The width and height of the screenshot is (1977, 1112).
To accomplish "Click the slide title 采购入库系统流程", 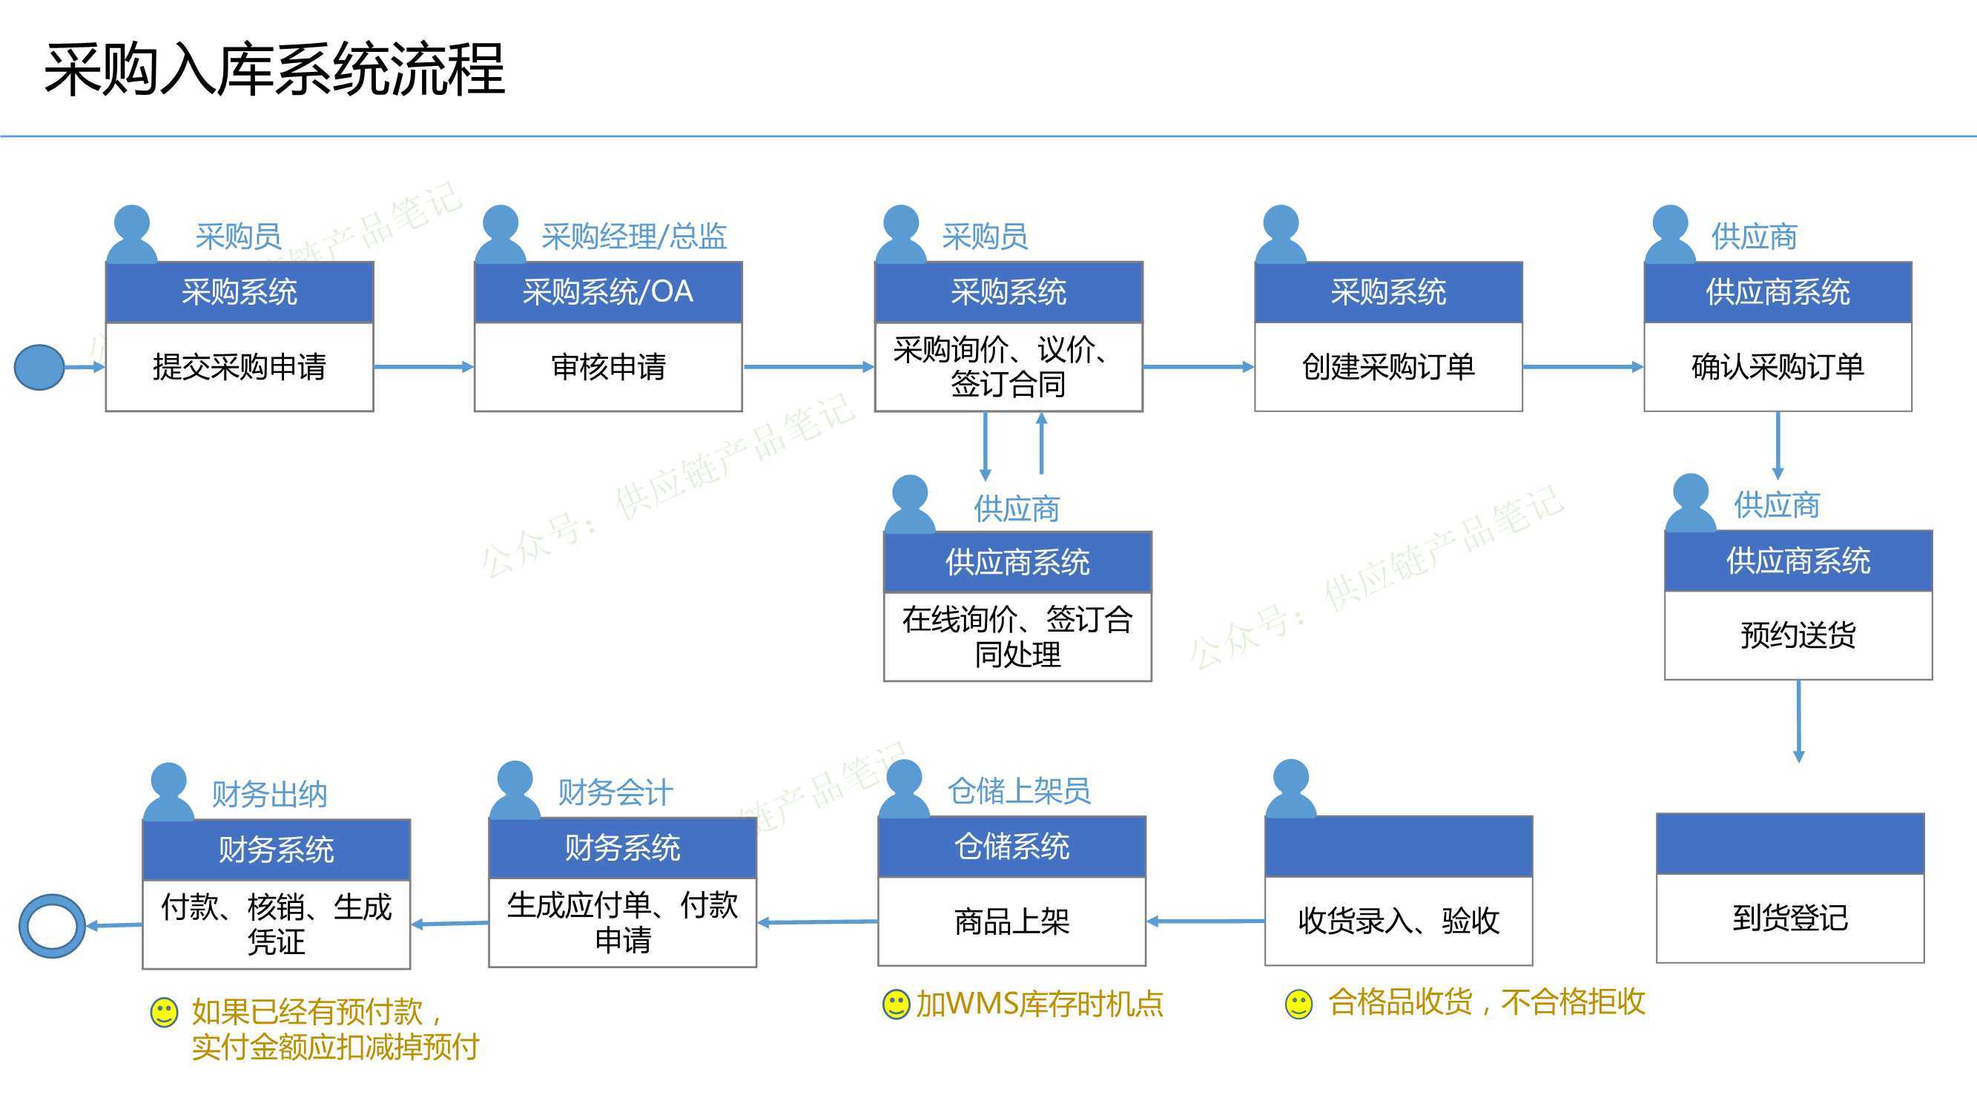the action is (x=275, y=70).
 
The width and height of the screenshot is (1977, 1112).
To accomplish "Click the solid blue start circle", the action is (x=39, y=367).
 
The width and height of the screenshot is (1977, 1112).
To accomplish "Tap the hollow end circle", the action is (x=52, y=925).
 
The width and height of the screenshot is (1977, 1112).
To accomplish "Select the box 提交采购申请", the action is (x=240, y=367).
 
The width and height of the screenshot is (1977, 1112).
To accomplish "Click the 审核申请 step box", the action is (x=608, y=367).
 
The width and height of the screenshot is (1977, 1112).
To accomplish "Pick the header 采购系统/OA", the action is (x=608, y=291).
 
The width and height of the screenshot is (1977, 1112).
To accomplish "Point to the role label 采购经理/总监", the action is (x=634, y=236).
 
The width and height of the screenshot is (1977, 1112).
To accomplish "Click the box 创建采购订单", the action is (x=1388, y=367).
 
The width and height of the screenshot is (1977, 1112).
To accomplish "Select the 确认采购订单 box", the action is (x=1778, y=367).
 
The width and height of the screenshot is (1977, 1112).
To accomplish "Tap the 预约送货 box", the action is (x=1798, y=635).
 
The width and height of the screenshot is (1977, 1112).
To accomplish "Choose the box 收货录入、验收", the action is (x=1399, y=921).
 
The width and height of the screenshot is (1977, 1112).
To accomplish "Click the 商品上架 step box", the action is (x=1011, y=921).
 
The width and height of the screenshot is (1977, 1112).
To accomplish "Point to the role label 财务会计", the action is (x=615, y=792).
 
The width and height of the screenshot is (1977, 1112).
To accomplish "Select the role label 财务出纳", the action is (x=269, y=794).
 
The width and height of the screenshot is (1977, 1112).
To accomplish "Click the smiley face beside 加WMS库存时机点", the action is (x=896, y=1005).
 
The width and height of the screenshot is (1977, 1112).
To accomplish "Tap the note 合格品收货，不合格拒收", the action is (x=1487, y=1002).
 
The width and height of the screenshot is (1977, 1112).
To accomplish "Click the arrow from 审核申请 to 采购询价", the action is (x=809, y=367).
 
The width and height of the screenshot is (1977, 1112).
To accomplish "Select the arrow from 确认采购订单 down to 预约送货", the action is (x=1778, y=446).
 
